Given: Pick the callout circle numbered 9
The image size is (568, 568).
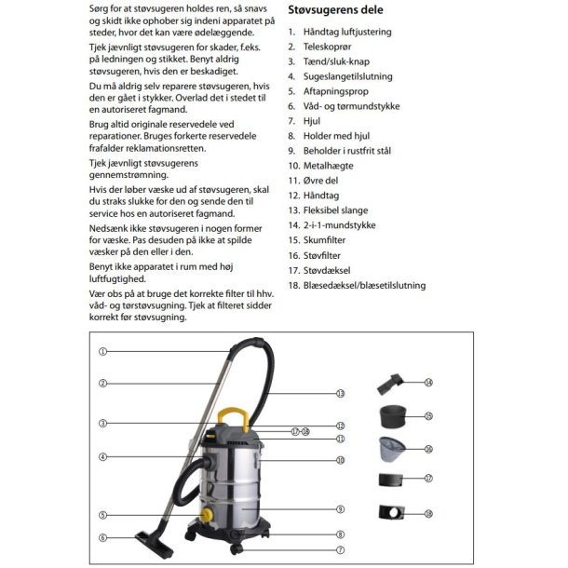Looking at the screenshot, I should pos(341,509).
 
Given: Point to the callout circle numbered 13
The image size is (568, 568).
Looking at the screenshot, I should pos(341,394).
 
